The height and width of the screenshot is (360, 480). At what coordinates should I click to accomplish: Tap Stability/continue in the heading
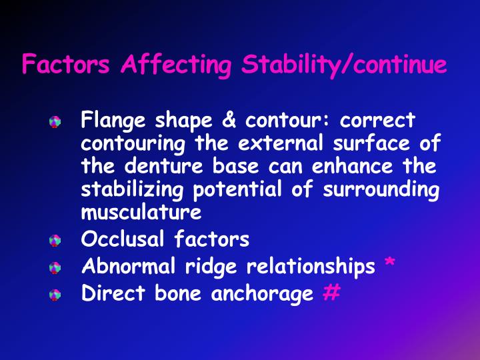point(343,65)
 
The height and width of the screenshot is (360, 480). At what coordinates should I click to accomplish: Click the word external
point(300,143)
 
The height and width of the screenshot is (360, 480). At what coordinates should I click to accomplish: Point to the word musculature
point(141,213)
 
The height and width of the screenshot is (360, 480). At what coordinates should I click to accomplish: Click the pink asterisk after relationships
point(390,265)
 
